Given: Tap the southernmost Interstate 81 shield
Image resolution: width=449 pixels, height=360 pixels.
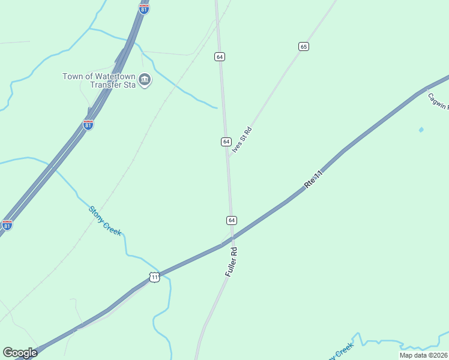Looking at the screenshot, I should [x=7, y=225].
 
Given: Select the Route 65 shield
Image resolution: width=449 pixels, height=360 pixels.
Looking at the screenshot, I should [x=304, y=46].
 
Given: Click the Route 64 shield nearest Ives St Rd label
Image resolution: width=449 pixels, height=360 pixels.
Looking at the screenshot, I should [x=226, y=142].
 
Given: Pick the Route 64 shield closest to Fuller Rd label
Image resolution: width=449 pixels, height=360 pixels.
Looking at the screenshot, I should [x=232, y=220].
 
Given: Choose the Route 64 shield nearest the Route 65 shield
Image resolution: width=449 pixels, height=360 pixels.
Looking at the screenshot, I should [x=220, y=56].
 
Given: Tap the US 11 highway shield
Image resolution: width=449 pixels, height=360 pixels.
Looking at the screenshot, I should [x=154, y=277].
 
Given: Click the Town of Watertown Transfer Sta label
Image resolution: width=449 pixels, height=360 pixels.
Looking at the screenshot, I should [x=100, y=80].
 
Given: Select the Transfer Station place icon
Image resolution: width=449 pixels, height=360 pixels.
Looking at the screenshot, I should [x=144, y=79].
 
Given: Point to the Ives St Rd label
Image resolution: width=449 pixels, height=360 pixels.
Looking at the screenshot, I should [x=242, y=140].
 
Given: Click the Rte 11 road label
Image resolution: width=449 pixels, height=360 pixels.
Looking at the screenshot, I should [x=314, y=179].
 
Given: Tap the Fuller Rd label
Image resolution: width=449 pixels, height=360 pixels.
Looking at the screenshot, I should [x=232, y=262].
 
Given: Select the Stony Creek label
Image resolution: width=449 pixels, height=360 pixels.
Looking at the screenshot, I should [x=105, y=221].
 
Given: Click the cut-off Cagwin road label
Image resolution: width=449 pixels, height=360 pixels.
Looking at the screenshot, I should [x=438, y=100].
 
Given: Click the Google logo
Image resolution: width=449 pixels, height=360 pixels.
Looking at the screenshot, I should [x=20, y=353].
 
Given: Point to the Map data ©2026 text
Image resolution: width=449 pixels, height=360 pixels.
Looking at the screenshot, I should [x=423, y=355].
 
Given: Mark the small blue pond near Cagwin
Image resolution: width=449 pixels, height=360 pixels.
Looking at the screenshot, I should [x=421, y=130].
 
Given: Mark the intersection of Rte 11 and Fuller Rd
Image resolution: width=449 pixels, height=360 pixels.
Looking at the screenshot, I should [x=232, y=239].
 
